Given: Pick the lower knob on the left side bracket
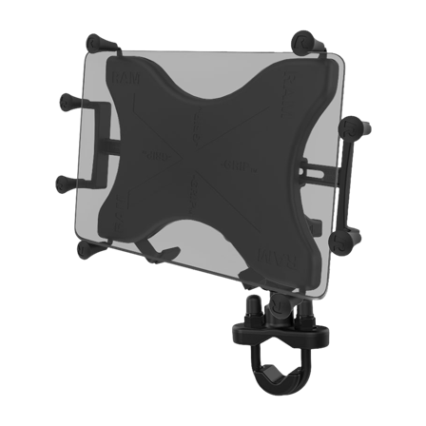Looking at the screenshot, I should pyautogui.click(x=64, y=181).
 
